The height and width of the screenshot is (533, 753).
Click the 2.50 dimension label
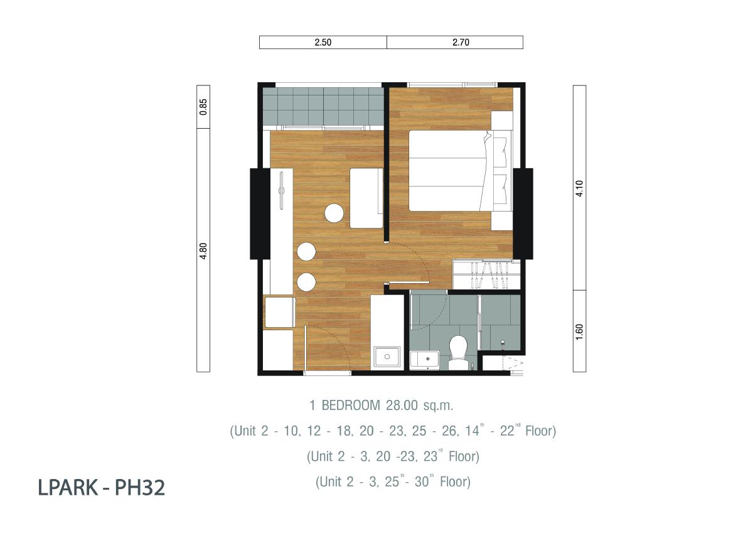click(323, 42)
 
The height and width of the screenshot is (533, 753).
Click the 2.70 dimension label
click(461, 42)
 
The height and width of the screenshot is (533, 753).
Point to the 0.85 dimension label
click(203, 107)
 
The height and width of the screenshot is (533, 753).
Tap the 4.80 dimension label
click(203, 251)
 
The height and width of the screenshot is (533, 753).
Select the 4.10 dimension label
click(580, 188)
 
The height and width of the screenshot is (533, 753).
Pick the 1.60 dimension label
click(580, 332)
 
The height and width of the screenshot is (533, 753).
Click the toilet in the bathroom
click(458, 353)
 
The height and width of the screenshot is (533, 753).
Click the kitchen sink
click(387, 357)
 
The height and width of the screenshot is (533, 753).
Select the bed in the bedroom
click(461, 171)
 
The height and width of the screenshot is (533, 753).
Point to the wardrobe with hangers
click(486, 274)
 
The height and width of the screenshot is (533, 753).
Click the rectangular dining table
click(366, 198)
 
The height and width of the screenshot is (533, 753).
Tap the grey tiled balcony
click(323, 107)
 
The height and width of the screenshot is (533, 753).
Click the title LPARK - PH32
click(101, 488)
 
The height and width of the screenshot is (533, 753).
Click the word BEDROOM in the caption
click(351, 406)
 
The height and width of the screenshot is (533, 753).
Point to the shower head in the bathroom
click(503, 343)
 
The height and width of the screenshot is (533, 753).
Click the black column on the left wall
click(260, 214)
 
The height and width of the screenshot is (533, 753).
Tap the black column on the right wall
click(523, 214)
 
